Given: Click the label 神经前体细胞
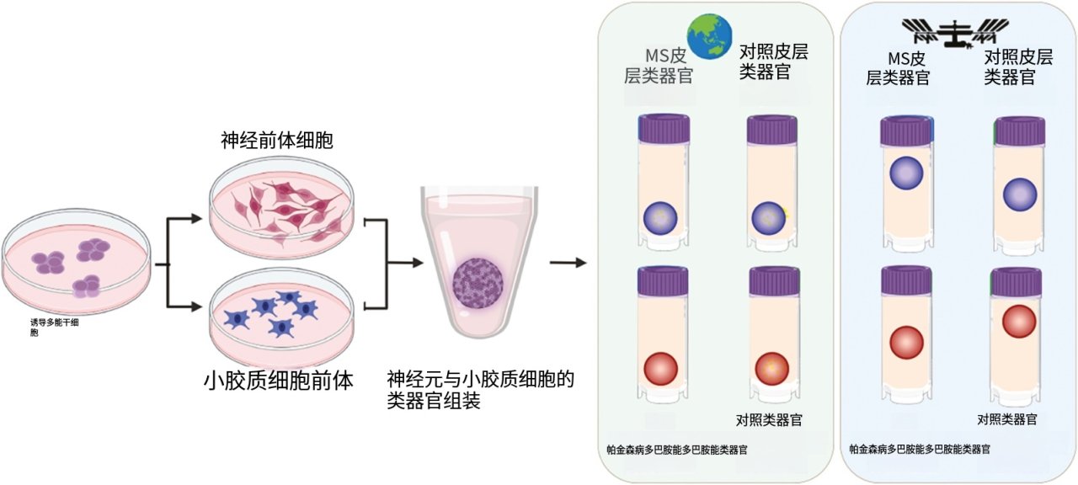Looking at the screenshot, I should [277, 140].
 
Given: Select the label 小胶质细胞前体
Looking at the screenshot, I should [279, 381].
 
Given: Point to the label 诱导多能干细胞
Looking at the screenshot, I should [56, 327].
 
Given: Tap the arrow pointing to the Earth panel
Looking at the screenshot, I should [568, 263].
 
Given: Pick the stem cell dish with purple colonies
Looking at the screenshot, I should [77, 261].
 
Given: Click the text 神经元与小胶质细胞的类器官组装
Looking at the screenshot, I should [480, 390].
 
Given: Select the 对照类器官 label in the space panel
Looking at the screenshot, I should [1007, 418].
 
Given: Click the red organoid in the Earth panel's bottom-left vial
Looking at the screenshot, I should [660, 369].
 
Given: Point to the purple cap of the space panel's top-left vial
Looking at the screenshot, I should [906, 131].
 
